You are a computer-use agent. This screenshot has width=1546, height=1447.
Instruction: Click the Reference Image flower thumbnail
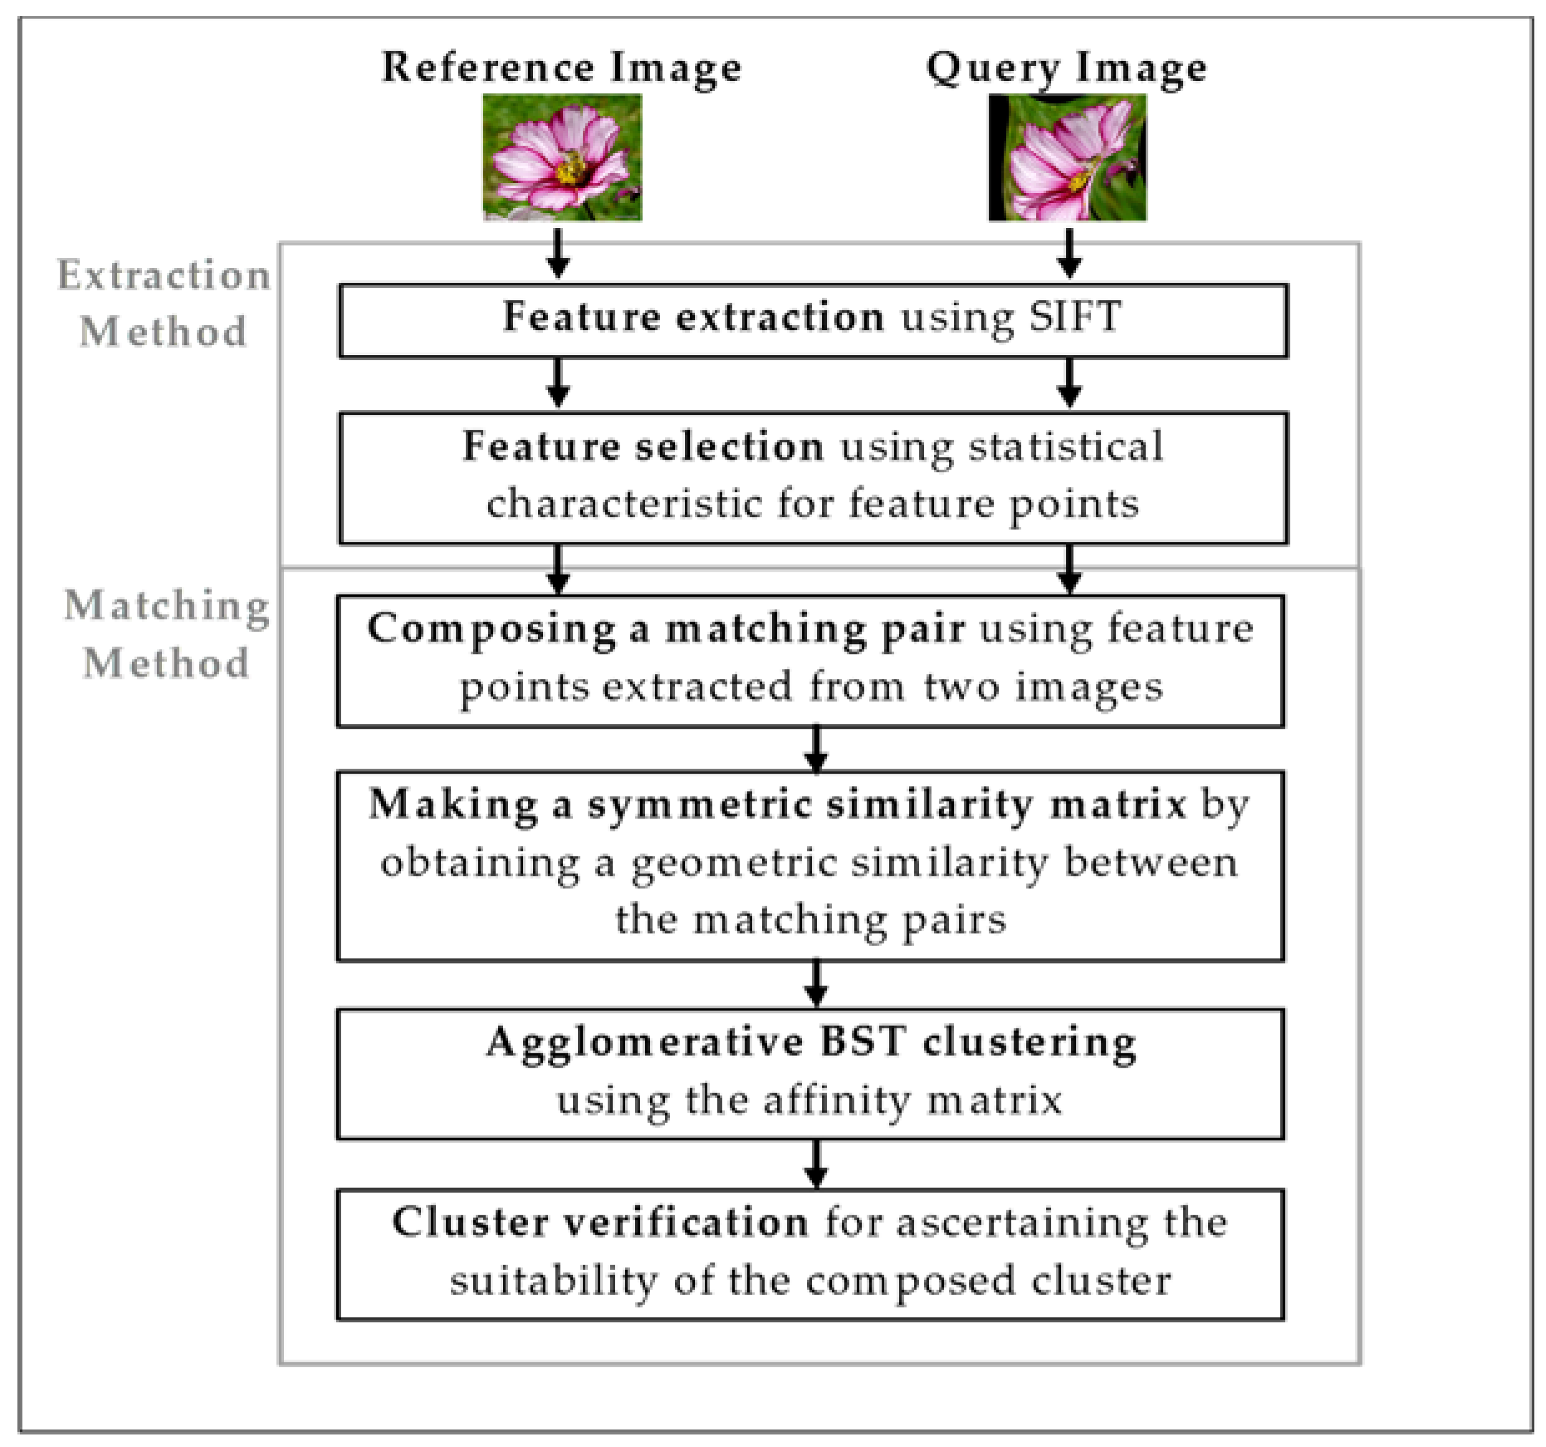[562, 157]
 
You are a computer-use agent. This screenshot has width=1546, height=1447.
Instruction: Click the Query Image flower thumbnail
[1067, 157]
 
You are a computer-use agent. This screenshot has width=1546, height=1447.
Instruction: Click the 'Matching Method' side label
[166, 634]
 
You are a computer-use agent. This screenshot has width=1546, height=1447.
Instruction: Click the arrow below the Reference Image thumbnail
[558, 253]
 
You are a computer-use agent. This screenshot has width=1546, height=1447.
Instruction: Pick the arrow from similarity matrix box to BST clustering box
[815, 984]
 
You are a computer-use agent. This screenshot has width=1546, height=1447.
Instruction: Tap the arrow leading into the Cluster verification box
[815, 1164]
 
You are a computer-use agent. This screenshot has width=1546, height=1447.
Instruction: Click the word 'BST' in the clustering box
[863, 1041]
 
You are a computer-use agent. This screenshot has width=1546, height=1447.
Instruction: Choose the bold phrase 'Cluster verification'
[600, 1222]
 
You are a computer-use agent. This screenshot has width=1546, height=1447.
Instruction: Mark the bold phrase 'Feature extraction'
[694, 316]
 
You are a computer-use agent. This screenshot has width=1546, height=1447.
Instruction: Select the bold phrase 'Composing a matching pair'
[666, 629]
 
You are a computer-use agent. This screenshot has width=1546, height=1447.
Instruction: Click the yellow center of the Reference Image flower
[572, 168]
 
